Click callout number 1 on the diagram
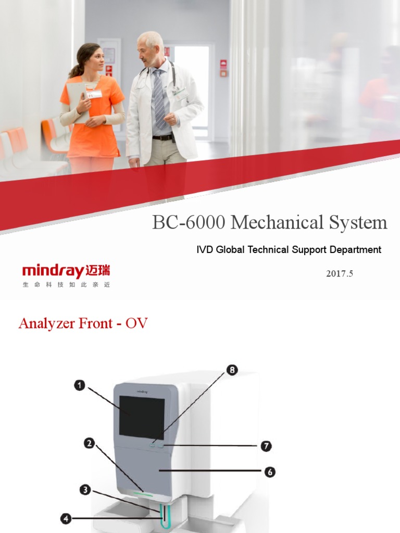click(80, 386)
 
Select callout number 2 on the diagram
click(90, 443)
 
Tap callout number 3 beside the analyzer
click(85, 490)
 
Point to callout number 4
click(66, 518)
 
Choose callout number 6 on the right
click(269, 472)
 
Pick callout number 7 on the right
click(266, 446)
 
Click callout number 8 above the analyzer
click(232, 370)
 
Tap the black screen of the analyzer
click(142, 416)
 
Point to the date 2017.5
click(340, 273)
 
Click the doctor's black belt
click(162, 137)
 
